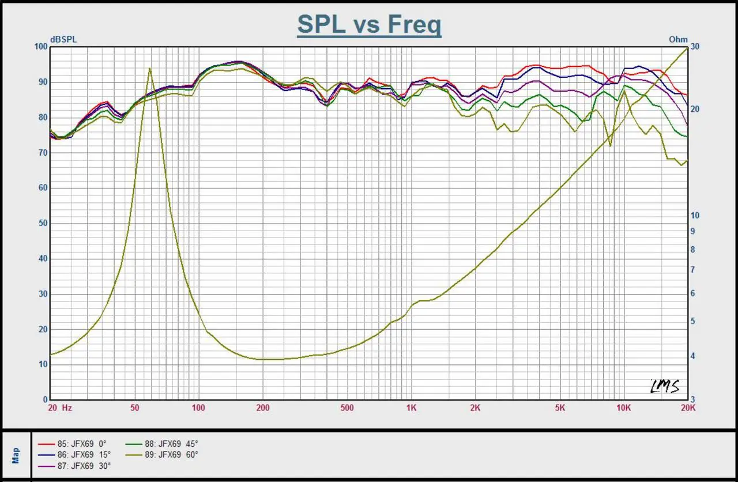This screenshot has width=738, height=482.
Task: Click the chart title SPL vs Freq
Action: [369, 25]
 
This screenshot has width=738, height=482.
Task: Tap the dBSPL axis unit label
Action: [63, 40]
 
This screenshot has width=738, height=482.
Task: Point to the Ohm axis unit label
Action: [678, 40]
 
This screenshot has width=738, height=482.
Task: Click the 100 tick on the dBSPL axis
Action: [41, 47]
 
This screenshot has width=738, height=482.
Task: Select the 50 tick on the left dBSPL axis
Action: [43, 224]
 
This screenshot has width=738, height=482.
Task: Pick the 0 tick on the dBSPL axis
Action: [46, 400]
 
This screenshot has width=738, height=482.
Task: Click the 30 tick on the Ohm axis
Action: [695, 47]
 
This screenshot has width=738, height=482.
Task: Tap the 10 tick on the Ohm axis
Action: [695, 216]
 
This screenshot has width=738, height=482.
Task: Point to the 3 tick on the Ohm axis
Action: [693, 400]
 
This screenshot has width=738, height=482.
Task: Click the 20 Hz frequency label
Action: [60, 408]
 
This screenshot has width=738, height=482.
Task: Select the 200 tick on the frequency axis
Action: [263, 408]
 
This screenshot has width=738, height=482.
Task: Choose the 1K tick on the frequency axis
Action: [411, 408]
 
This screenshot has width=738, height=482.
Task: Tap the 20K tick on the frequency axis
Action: [687, 408]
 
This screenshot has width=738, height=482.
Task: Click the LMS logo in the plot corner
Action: [664, 386]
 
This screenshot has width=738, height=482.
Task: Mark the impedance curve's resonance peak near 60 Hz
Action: [150, 69]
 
